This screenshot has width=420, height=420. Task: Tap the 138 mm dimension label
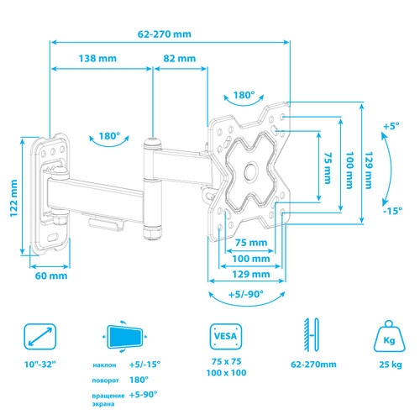[x=97, y=60]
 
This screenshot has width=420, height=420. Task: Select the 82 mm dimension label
[x=179, y=60]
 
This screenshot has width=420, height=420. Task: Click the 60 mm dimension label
[x=50, y=276]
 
